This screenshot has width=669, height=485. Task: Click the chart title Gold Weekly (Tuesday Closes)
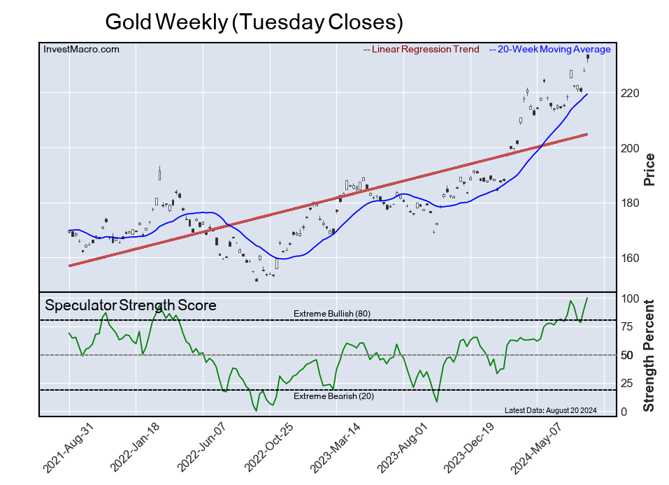pyautogui.click(x=254, y=22)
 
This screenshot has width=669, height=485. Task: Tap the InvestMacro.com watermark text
pyautogui.click(x=81, y=50)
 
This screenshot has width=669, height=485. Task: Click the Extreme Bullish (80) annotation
pyautogui.click(x=331, y=314)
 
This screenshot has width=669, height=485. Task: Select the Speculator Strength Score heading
pyautogui.click(x=131, y=305)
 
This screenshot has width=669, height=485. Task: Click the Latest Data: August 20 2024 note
pyautogui.click(x=549, y=410)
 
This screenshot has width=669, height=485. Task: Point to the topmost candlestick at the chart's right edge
pyautogui.click(x=588, y=59)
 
